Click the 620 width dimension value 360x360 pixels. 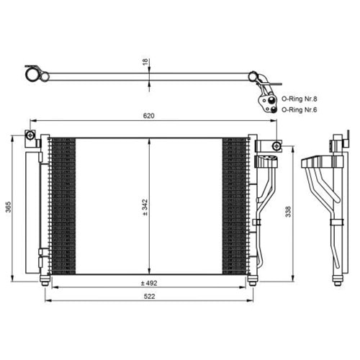pos(148,116)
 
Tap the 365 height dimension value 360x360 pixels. pos(9,207)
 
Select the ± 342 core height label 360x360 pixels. pos(145,207)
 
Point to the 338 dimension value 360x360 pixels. pos(288,212)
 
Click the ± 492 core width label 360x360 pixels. pos(149,283)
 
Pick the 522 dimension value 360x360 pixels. pos(149,297)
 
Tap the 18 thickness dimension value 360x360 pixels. pos(145,62)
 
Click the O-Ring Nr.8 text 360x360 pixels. pos(299,99)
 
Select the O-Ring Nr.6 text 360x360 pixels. pos(299,109)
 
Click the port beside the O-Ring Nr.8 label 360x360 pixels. pos(271,99)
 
